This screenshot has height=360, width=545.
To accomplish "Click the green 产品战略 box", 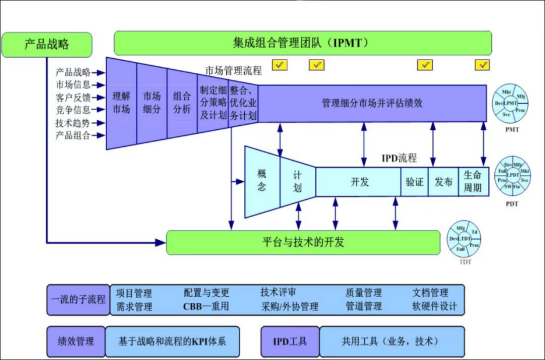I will [47, 44].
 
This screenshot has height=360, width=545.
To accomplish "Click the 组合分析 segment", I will [182, 101].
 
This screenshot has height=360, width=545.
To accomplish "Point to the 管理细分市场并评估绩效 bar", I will [372, 103].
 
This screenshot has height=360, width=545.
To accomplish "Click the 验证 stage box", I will [414, 182].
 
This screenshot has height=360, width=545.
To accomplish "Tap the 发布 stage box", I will [444, 182].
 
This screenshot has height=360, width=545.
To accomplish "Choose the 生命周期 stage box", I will [473, 182].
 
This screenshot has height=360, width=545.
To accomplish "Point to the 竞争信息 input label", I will [73, 110].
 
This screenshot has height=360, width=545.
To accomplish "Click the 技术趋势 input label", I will [73, 123].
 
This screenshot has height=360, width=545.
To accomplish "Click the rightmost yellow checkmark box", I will [482, 65].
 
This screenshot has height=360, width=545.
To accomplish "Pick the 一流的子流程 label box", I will [78, 299].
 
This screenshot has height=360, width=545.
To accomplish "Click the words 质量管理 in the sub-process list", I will [363, 292].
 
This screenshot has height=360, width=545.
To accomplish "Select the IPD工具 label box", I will [290, 341].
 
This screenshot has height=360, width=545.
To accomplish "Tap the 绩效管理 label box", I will [76, 341].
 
